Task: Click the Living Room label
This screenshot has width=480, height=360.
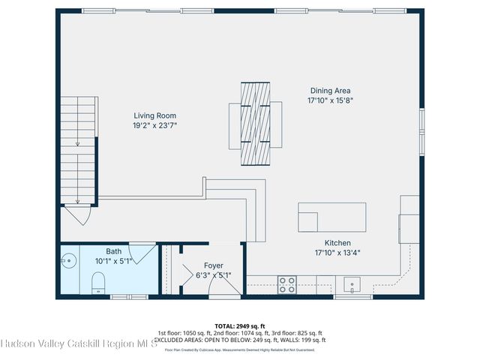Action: click(155, 115)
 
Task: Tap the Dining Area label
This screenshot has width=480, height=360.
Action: click(329, 91)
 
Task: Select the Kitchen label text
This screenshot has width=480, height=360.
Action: click(337, 243)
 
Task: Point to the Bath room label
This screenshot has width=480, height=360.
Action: click(113, 252)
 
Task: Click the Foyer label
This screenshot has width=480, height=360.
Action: click(213, 265)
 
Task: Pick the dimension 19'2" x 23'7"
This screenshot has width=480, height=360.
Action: click(155, 125)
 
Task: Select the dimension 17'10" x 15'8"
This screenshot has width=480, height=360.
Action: click(329, 100)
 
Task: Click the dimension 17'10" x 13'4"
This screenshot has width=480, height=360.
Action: click(337, 253)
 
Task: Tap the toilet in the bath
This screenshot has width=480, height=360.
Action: click(97, 283)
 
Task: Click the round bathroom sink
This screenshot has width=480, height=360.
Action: click(69, 262)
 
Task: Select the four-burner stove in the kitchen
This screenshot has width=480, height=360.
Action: click(287, 284)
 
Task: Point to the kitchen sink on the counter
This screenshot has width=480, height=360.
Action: click(351, 284)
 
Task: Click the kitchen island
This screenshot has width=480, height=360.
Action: click(331, 217)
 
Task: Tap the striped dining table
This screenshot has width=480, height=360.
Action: click(256, 124)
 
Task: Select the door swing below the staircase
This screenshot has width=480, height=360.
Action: click(77, 216)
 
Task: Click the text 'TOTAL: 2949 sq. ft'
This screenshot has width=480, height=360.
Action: click(240, 326)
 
